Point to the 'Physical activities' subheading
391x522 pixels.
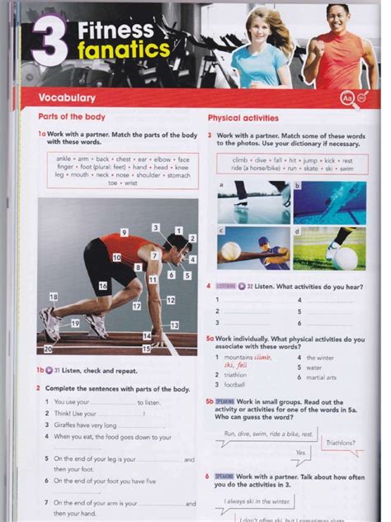tap(243, 118)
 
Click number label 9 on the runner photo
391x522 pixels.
tap(124, 233)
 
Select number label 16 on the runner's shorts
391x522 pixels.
tap(103, 286)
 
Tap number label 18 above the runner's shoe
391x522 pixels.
tap(54, 297)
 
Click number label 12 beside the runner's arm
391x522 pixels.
tap(171, 301)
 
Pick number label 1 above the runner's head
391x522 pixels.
tap(178, 230)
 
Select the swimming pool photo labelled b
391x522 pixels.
tap(329, 202)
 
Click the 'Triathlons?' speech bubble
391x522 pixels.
tap(341, 443)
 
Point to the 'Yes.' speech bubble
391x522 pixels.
tap(302, 453)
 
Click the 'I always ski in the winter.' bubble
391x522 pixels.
tap(257, 501)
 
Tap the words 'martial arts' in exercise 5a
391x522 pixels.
tap(321, 377)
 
